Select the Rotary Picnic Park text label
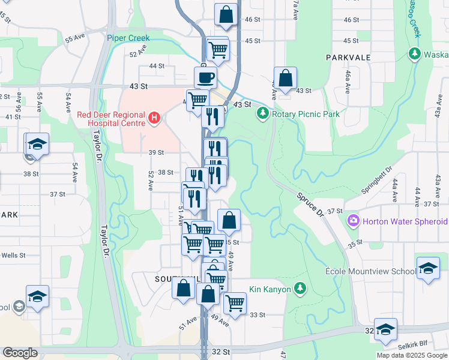click(306, 114)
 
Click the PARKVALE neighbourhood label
click(348, 57)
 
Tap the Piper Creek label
click(128, 38)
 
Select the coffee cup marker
click(205, 77)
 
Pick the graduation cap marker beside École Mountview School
click(428, 268)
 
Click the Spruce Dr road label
click(310, 205)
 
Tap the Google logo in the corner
click(20, 353)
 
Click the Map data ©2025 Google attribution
click(411, 355)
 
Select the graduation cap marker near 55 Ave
click(37, 144)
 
